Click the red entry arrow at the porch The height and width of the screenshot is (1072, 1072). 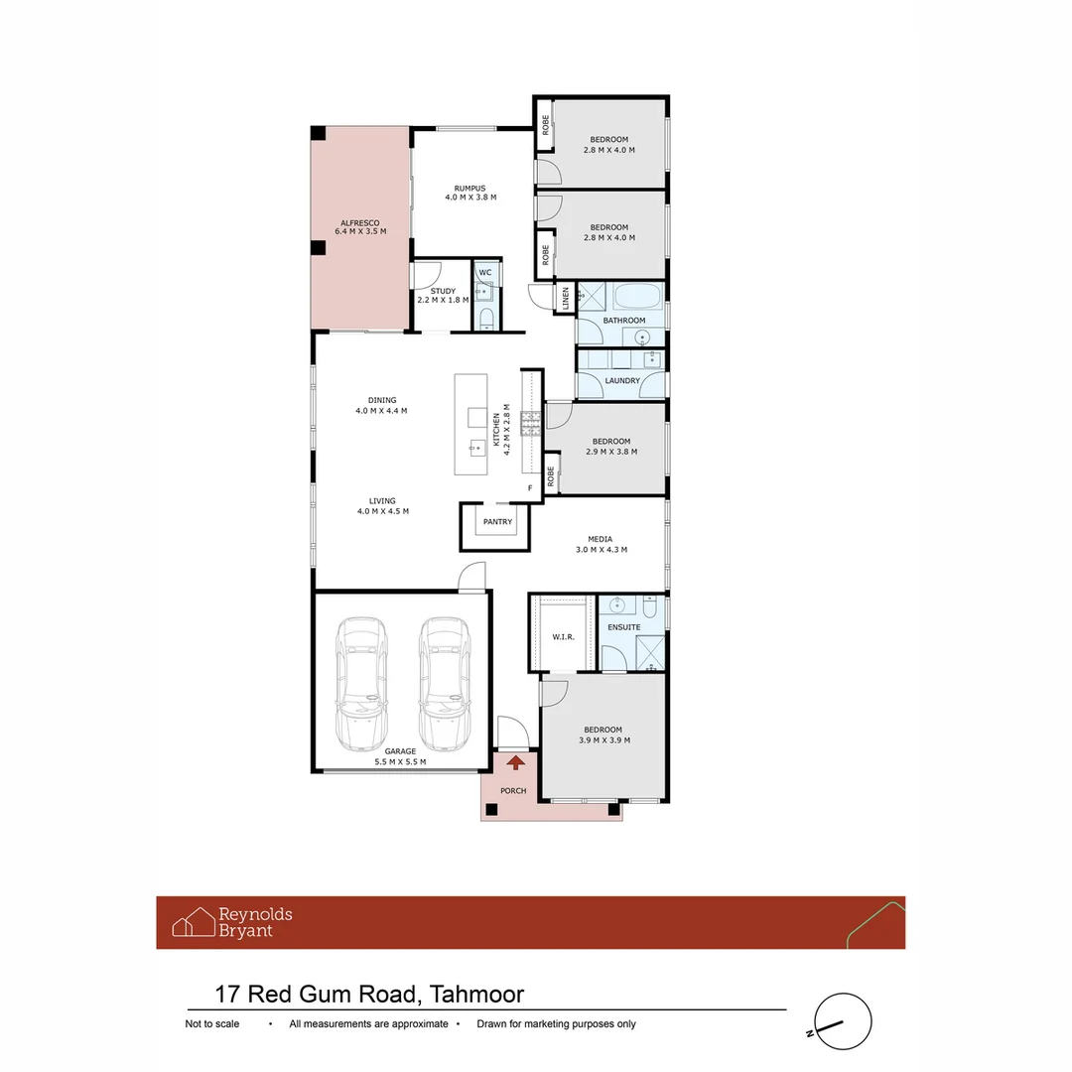click(516, 762)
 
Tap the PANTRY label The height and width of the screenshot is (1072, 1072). click(497, 521)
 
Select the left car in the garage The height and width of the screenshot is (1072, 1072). click(361, 685)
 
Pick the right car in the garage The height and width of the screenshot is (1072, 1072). click(443, 685)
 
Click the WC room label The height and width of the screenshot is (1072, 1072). click(485, 272)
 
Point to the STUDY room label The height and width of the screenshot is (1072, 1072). click(443, 291)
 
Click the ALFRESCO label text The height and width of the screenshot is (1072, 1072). click(360, 223)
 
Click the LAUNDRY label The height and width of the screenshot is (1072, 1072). click(622, 380)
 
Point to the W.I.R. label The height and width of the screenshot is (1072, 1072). click(563, 636)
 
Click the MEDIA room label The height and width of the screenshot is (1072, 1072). click(602, 539)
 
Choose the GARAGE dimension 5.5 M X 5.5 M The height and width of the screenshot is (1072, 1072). click(401, 762)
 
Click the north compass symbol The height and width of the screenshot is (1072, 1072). click(842, 1021)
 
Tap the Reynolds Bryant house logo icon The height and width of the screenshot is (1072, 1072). click(194, 922)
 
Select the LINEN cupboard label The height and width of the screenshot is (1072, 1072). click(566, 299)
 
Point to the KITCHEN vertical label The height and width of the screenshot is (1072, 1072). click(497, 430)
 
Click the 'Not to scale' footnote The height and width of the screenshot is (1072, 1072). click(212, 1024)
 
